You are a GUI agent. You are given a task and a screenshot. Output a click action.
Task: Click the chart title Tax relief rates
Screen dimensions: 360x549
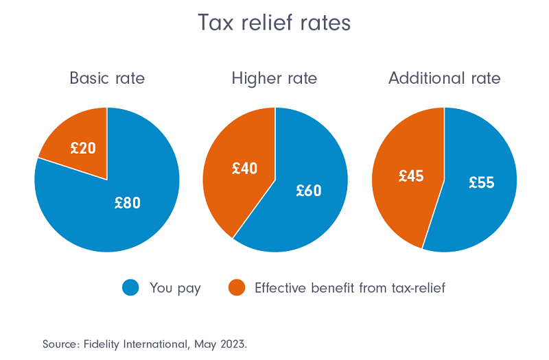274,23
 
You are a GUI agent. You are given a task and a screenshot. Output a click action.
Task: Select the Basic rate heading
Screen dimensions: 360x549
107,78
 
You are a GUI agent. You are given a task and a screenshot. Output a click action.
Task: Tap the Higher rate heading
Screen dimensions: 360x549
274,78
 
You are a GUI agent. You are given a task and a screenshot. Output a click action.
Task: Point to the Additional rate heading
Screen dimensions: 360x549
444,78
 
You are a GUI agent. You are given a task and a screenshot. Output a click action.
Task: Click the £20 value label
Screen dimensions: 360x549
83,147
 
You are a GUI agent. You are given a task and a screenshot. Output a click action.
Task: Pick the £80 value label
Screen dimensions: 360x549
128,203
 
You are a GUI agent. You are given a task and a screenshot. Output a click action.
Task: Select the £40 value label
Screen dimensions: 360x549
244,168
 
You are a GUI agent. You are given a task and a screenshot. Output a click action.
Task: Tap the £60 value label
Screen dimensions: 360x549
309,191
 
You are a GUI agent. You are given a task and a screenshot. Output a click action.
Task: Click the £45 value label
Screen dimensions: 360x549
411,176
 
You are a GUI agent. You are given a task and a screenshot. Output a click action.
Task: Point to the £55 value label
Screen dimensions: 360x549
482,182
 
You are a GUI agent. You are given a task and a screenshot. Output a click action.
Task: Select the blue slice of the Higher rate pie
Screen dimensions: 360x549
302,213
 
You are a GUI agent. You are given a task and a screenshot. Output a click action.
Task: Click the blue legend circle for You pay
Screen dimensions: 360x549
130,288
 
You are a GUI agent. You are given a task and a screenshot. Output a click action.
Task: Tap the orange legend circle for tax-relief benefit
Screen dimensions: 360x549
236,288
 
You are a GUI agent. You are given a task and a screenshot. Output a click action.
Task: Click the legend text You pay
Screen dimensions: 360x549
175,288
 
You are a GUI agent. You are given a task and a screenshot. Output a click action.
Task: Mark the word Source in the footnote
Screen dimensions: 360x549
58,343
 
